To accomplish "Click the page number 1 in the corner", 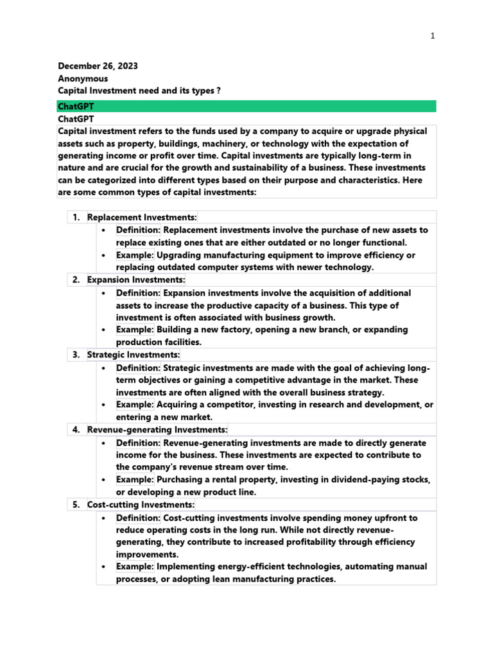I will (x=433, y=36).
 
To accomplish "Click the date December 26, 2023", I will (x=98, y=66).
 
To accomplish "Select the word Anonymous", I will (x=83, y=79).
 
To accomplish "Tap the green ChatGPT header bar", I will (x=246, y=107).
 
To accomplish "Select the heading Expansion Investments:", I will (x=136, y=280).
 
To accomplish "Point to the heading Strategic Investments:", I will (x=134, y=355).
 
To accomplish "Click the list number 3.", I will (x=75, y=355).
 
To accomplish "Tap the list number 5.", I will (x=75, y=505).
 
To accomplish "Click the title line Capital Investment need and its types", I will (x=139, y=91).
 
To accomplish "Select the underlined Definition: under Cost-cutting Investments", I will (x=138, y=518).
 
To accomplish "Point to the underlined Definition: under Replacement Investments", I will (x=138, y=230).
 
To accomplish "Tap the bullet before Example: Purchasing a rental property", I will (x=103, y=480).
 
